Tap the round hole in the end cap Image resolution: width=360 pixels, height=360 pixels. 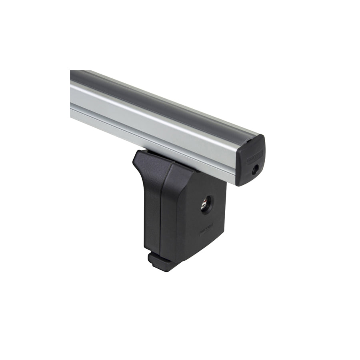pos(254,170)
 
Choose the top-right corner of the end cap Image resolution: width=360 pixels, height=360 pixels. pos(263,138)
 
